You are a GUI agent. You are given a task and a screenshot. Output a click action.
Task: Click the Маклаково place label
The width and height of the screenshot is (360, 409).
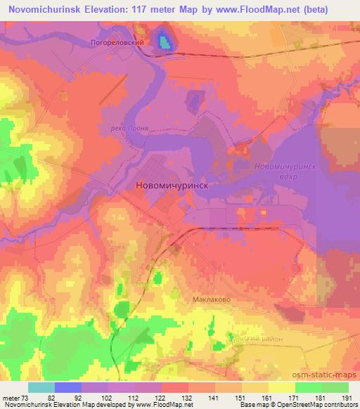pyautogui.click(x=212, y=299)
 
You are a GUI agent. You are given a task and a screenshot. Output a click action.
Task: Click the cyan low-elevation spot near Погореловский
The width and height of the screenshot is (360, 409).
pyautogui.click(x=164, y=41)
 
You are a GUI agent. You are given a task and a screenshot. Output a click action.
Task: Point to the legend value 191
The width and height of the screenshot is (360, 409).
pyautogui.click(x=347, y=397)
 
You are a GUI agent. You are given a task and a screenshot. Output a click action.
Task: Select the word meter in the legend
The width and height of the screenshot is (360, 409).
pyautogui.click(x=13, y=397)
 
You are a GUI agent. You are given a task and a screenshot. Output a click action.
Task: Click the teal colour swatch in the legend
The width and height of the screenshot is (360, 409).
pyautogui.click(x=41, y=387)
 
